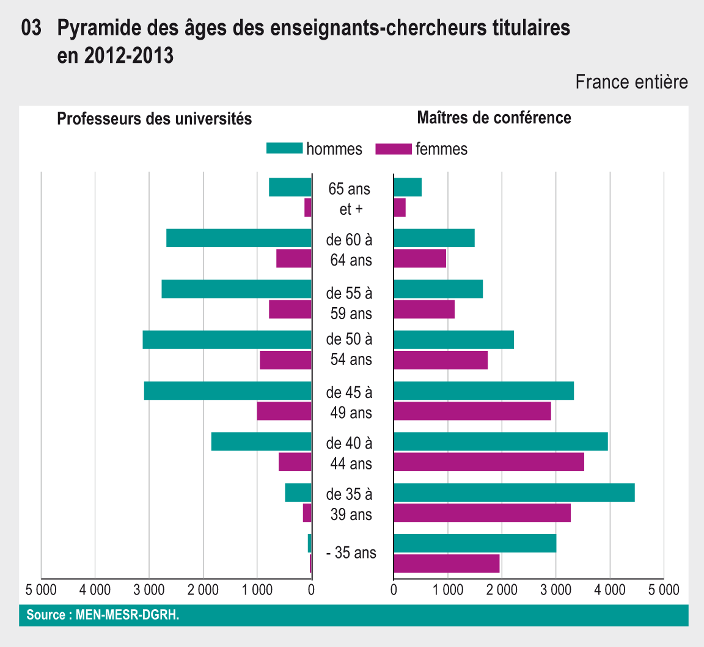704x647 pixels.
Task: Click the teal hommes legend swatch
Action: (284, 148)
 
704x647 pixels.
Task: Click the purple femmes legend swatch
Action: (394, 148)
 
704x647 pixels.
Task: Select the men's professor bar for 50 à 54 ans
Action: (227, 340)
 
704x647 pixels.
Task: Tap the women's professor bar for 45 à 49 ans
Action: (284, 411)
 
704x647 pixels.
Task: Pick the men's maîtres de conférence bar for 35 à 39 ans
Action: (514, 493)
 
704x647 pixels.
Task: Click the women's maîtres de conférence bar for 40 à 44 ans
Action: (489, 462)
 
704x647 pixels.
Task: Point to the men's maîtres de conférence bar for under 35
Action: (475, 543)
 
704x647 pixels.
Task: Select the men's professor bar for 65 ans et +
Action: (290, 187)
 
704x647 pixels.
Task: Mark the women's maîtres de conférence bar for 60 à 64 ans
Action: (420, 258)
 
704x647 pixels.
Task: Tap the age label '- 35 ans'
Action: (351, 554)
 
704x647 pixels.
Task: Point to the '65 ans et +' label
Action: (350, 198)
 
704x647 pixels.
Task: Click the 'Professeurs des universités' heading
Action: (154, 118)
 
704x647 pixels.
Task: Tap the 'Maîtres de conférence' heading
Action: (494, 117)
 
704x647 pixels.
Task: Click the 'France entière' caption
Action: (631, 82)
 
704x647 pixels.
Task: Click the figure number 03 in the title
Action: (31, 29)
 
